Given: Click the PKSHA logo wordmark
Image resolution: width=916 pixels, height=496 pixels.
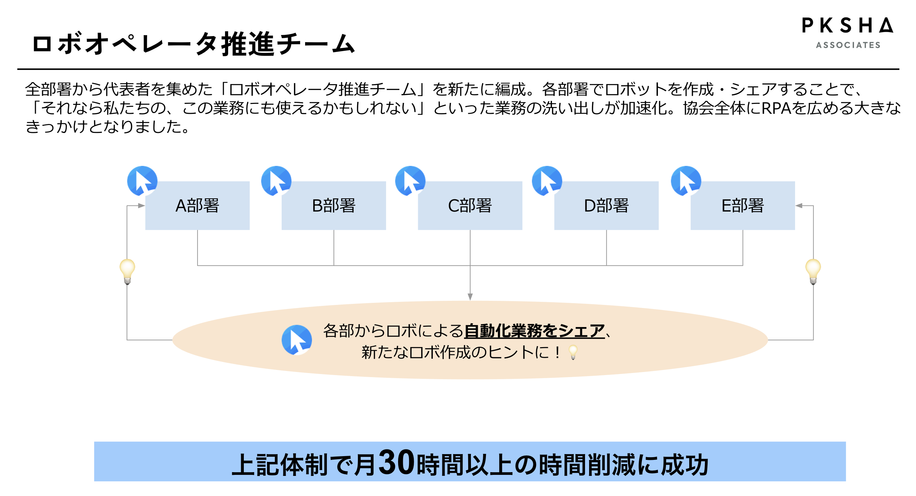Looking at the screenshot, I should pos(847,26).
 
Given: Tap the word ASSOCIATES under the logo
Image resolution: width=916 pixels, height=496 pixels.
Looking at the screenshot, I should pos(848,45).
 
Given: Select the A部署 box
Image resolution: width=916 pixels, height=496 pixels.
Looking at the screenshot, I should pos(198,206).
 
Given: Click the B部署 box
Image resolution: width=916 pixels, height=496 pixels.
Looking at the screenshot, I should pos(334,206).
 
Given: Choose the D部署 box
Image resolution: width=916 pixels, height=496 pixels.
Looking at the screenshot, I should pos(606,206).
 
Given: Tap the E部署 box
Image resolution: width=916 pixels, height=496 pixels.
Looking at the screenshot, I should pos(742,206).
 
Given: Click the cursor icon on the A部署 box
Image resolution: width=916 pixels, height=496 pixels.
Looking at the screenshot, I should pos(142,181).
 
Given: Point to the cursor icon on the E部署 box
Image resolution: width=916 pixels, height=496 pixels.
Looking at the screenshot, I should pos(686,181).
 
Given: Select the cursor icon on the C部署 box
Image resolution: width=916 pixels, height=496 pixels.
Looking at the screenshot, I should pos(410,181).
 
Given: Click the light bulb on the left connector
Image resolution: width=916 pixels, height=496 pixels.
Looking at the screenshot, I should pos(127,271).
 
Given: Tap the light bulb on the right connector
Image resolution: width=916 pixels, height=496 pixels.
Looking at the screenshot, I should pos(813,271).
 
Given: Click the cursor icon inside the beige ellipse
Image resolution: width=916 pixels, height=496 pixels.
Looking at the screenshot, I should pos(297,340).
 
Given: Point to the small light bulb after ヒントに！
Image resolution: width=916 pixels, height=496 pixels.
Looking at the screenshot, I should pos(573,352).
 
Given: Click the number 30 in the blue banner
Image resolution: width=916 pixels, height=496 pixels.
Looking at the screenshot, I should pos(396,463).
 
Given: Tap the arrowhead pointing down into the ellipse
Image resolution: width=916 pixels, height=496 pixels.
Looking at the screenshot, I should pos(470,297).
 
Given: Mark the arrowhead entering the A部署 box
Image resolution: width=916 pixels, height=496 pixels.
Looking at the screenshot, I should pos(141,206).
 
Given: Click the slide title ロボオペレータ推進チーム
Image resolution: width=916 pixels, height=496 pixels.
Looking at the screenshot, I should pos(194,44).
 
